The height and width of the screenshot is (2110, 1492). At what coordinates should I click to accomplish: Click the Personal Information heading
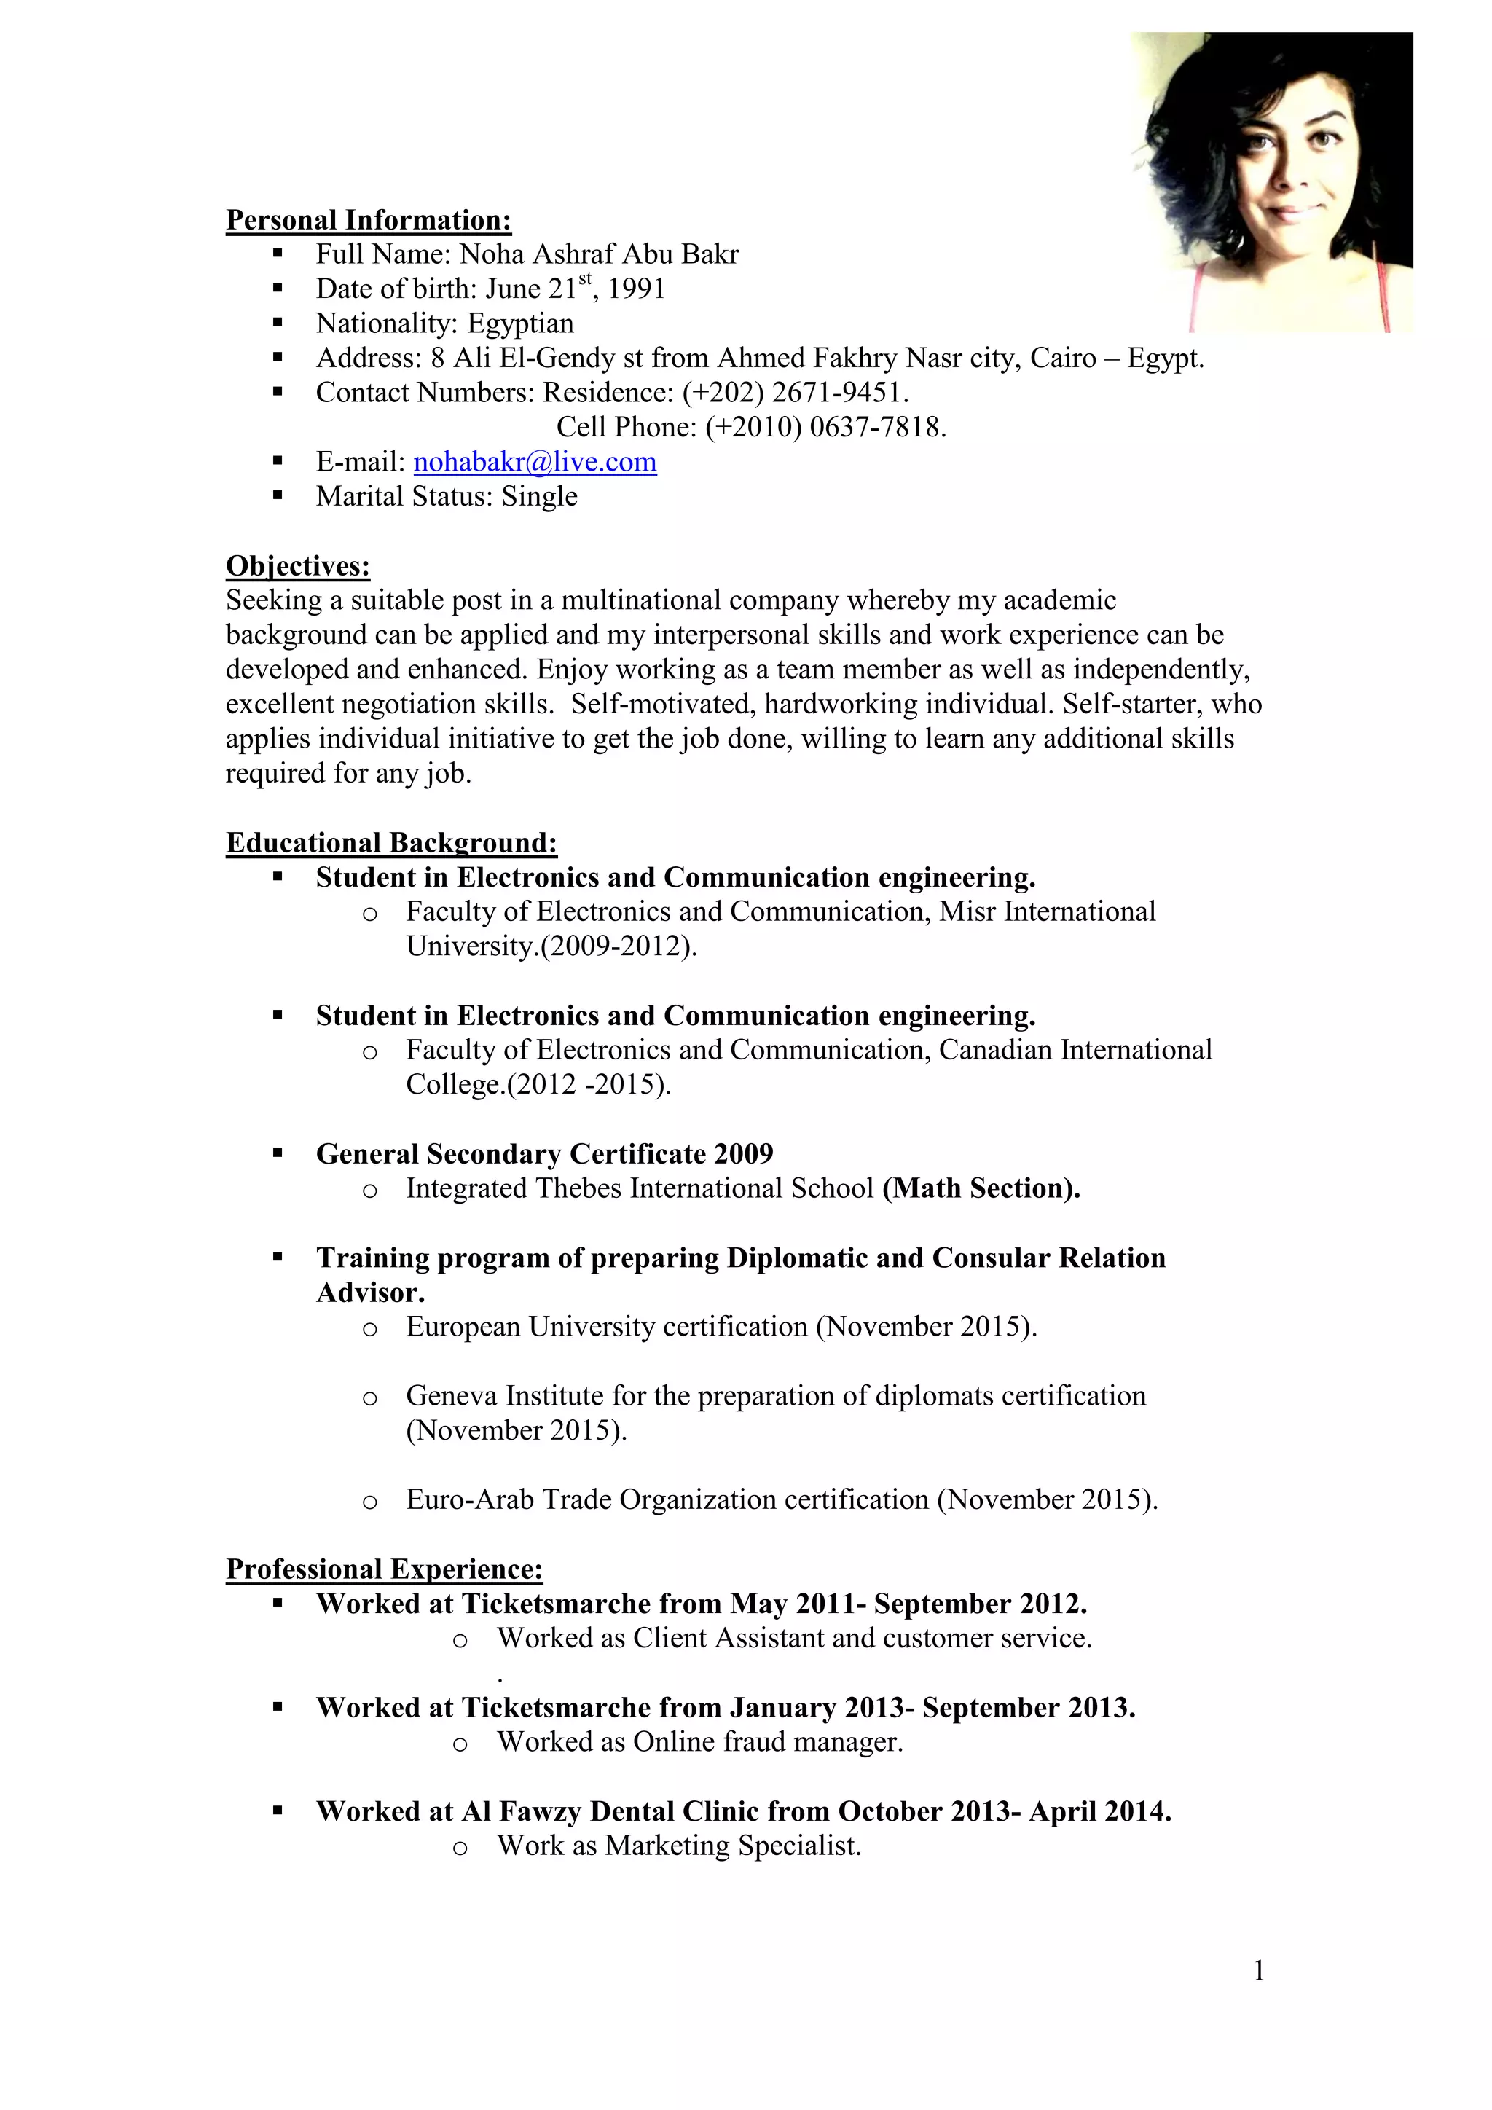tap(369, 221)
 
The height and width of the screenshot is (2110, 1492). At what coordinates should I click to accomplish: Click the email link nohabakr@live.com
tap(535, 462)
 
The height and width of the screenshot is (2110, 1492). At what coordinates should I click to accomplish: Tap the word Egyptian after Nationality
tap(520, 323)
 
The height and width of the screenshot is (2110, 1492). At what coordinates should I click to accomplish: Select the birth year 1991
tap(637, 289)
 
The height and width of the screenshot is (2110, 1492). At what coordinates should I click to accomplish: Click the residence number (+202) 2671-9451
tap(795, 393)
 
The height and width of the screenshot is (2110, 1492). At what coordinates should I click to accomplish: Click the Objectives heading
tap(298, 566)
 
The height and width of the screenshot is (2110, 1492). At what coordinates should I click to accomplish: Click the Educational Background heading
tap(391, 843)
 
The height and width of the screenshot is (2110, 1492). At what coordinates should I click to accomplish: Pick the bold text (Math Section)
tap(981, 1188)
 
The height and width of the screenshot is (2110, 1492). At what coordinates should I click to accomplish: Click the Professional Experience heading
tap(384, 1569)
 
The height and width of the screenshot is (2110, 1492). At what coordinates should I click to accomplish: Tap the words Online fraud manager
tap(768, 1742)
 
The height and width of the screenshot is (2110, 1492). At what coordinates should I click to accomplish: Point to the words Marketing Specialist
tap(732, 1846)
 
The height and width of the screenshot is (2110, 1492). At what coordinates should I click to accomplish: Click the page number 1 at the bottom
tap(1259, 1970)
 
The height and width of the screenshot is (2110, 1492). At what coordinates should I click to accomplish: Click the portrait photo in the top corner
tap(1271, 182)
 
